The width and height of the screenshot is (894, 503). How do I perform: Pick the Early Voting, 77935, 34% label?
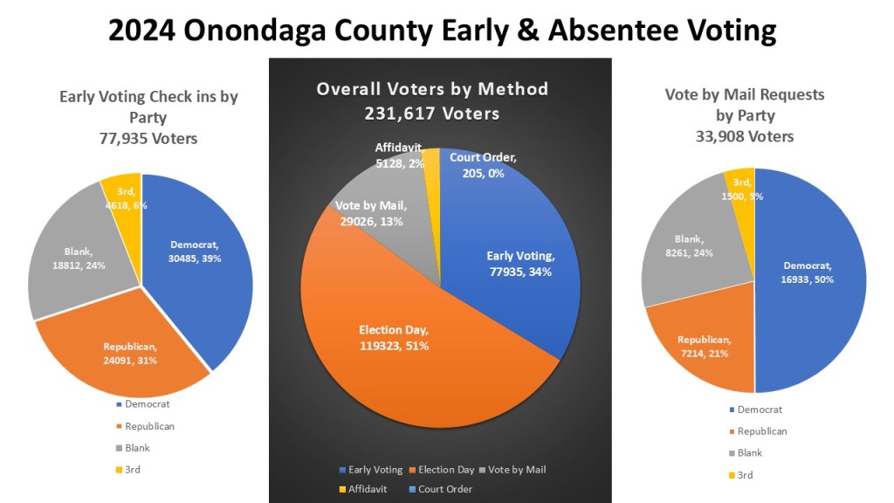[x=519, y=263]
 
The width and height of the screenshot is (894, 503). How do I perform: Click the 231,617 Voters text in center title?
[x=432, y=114]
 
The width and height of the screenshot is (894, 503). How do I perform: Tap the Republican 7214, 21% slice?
[x=707, y=346]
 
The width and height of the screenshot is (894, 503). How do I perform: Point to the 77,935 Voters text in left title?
[x=148, y=138]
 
